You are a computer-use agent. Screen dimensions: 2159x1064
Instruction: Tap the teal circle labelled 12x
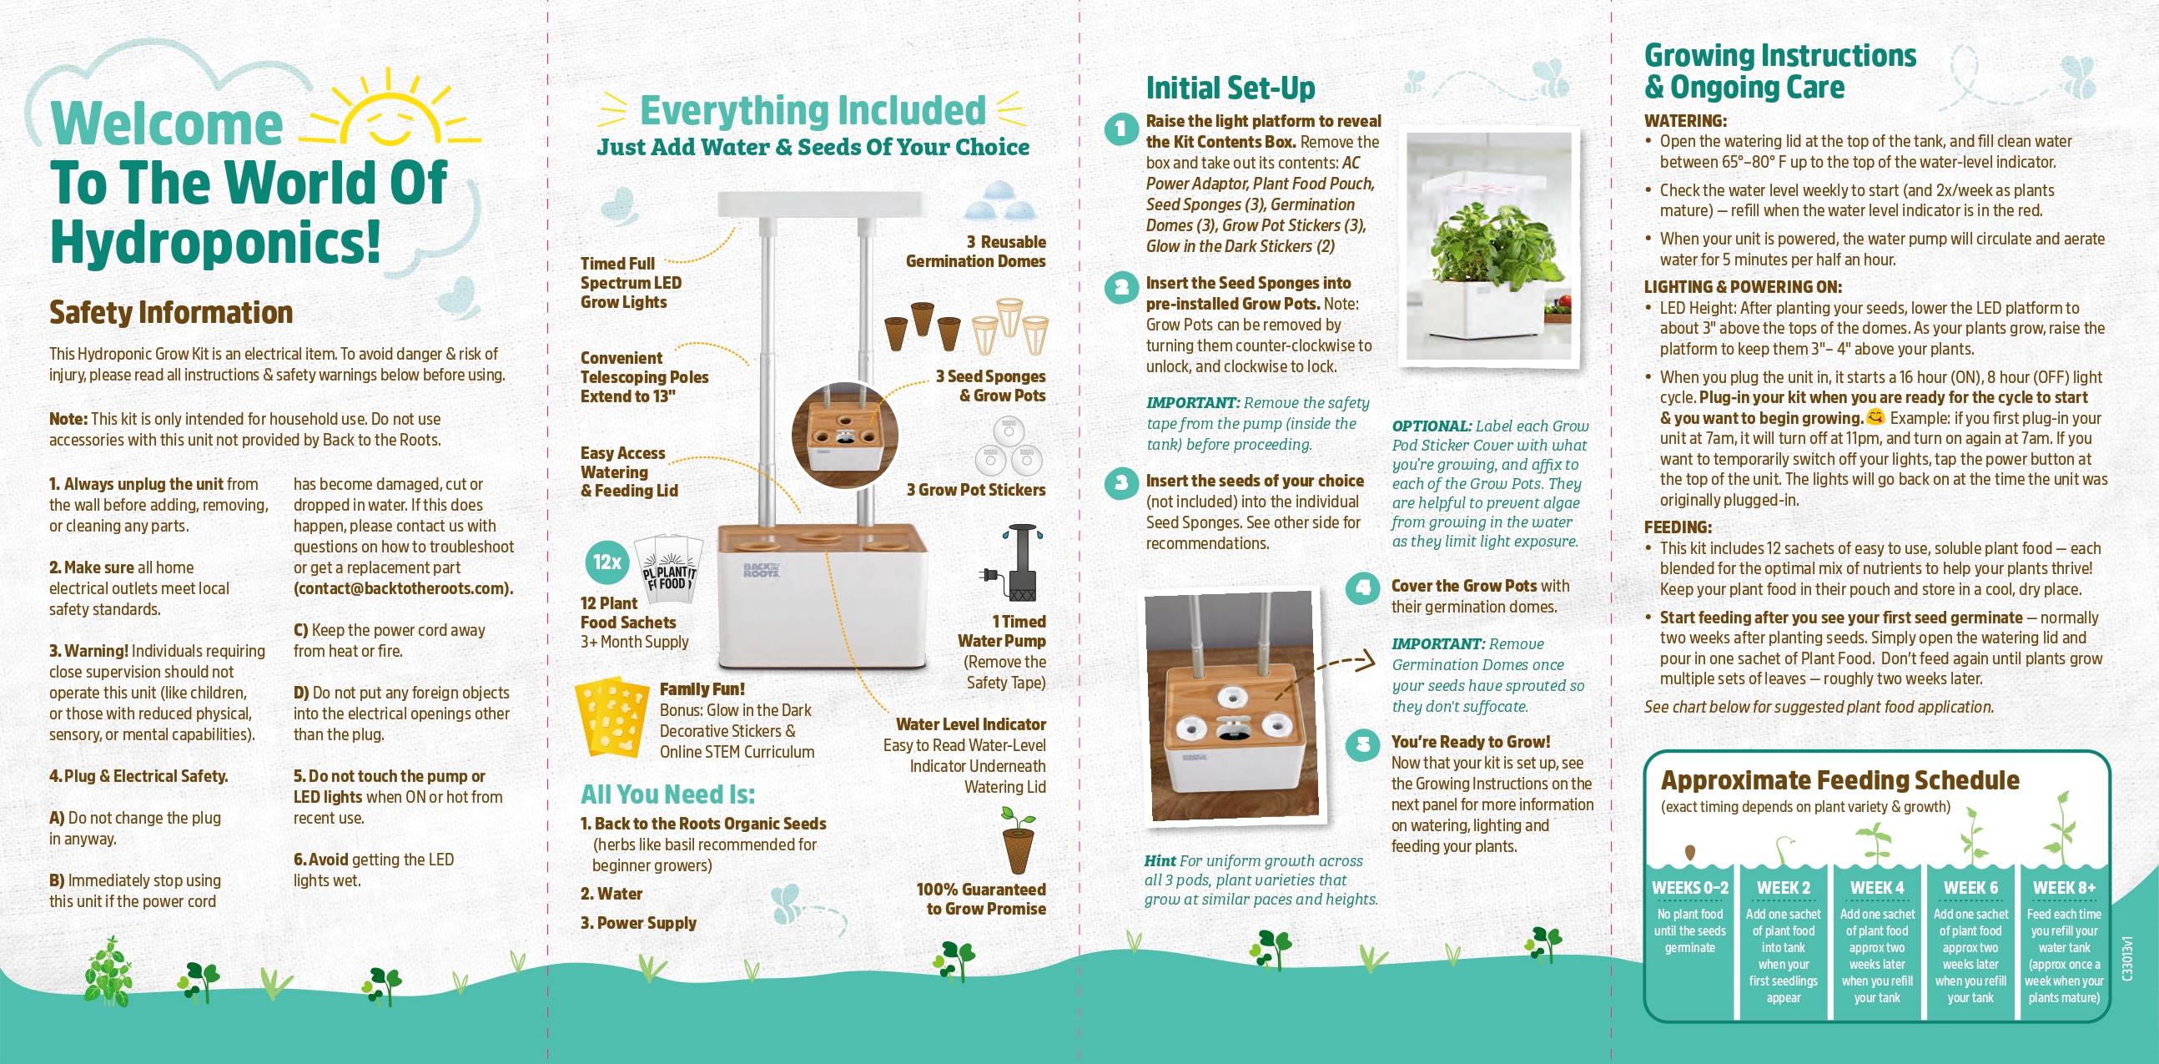pos(606,562)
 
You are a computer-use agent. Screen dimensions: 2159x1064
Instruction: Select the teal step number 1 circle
pos(1121,132)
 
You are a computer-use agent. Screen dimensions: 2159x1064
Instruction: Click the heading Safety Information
pos(171,312)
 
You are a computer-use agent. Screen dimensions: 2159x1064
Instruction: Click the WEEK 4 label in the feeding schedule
pos(1877,888)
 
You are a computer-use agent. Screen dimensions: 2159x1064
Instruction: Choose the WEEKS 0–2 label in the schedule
pos(1689,888)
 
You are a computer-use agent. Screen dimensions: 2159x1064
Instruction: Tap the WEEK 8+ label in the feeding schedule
pos(2064,888)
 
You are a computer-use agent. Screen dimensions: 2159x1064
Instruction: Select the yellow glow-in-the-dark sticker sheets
pos(611,718)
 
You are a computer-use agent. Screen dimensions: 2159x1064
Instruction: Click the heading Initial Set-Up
pos(1230,87)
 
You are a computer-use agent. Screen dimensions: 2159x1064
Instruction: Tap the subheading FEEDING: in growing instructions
pos(1678,527)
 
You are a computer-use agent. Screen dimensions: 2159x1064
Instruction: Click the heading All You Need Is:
pos(668,794)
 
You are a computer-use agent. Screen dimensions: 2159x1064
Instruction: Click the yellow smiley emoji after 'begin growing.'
pos(1875,416)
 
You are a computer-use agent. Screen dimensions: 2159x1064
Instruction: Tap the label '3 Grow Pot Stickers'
pos(975,490)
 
